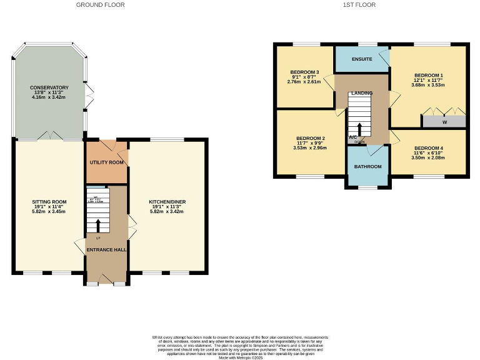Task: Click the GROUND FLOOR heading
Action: click(x=100, y=5)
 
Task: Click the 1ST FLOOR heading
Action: click(x=359, y=5)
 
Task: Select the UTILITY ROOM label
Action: click(x=107, y=162)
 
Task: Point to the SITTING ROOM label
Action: click(x=49, y=202)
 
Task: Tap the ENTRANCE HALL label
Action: click(x=107, y=249)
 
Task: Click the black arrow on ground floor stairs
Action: click(x=97, y=225)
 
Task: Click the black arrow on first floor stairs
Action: click(x=359, y=129)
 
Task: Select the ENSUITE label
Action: click(x=362, y=59)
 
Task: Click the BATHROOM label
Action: click(x=367, y=167)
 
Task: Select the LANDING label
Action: click(x=362, y=93)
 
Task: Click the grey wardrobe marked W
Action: click(x=444, y=122)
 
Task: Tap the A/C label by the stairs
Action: click(x=353, y=137)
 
